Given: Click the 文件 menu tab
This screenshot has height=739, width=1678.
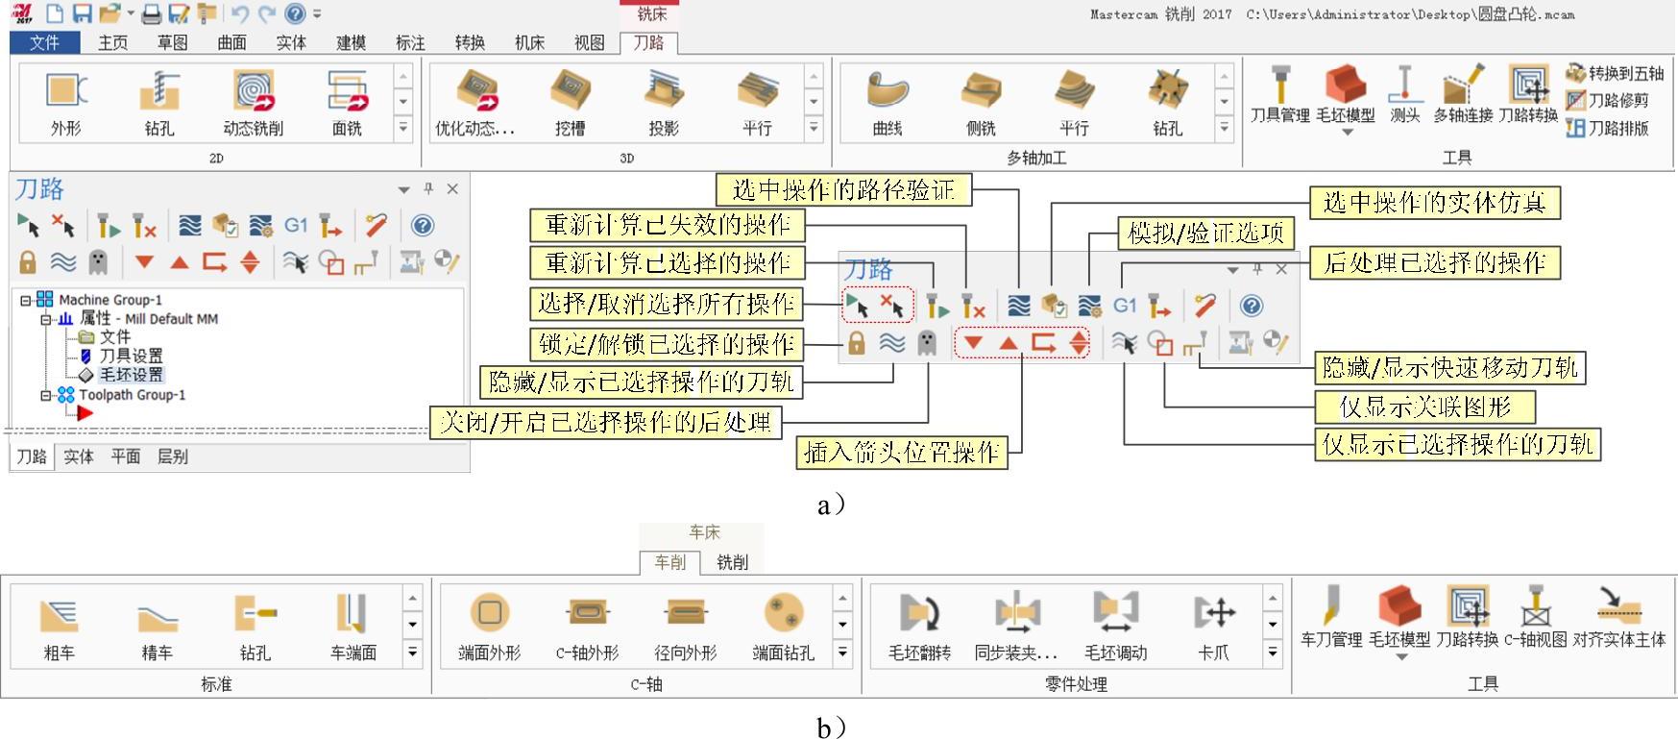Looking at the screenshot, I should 44,42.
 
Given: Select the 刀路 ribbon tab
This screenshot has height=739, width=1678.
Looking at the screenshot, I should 648,42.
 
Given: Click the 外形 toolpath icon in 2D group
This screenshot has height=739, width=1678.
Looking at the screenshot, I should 65,102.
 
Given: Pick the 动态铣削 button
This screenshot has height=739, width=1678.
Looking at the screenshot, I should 253,102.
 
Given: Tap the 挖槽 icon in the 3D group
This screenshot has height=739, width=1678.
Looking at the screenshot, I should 570,102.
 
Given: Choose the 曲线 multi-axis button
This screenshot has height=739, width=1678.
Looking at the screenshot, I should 887,102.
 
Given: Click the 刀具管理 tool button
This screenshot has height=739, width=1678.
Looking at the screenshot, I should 1279,95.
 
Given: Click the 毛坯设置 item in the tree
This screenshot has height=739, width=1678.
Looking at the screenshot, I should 131,375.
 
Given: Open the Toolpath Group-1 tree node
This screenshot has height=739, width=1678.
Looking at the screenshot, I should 132,395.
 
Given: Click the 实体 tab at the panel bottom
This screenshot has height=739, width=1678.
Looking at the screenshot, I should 78,456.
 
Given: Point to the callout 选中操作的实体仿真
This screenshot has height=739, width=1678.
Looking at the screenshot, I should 1434,203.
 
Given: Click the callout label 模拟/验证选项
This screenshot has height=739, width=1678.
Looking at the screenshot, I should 1205,233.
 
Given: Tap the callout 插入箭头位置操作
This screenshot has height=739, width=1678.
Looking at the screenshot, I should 902,453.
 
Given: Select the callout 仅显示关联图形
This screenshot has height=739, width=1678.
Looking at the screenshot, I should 1424,407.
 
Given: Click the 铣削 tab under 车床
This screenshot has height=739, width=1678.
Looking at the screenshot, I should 732,562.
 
